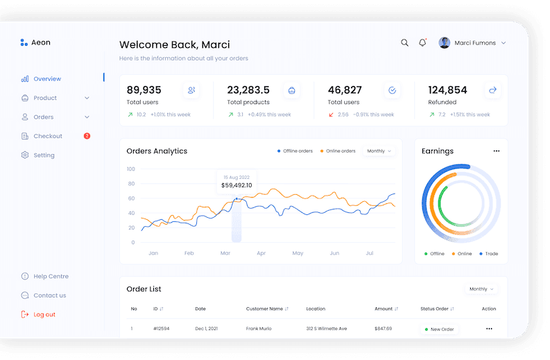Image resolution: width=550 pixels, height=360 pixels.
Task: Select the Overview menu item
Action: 47,79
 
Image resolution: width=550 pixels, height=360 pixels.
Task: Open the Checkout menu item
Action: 48,136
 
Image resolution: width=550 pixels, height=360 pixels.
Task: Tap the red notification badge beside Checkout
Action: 87,136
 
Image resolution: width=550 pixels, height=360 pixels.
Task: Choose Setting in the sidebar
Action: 44,155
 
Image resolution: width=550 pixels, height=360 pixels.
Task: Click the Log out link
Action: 44,314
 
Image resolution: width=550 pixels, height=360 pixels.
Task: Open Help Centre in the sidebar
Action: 51,276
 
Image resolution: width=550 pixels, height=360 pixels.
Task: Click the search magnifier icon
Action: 404,43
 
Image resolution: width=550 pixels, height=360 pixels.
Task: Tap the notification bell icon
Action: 422,43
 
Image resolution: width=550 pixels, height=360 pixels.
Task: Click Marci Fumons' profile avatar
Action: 445,43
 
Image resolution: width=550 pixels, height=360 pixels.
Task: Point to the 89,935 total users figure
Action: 144,90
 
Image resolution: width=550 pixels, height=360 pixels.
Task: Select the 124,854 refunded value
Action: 447,90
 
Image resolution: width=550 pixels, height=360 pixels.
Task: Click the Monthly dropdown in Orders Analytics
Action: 379,151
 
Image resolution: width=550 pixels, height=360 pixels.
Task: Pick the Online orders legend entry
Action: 341,151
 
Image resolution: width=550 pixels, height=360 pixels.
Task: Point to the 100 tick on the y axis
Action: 130,169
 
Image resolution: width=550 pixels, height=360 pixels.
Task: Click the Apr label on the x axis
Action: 261,254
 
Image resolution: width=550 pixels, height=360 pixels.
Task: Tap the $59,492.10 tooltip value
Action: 237,185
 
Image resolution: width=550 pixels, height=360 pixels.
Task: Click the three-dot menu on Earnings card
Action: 496,151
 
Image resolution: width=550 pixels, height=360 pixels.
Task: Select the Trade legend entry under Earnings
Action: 491,254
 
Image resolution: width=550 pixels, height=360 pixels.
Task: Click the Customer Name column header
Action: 264,309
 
